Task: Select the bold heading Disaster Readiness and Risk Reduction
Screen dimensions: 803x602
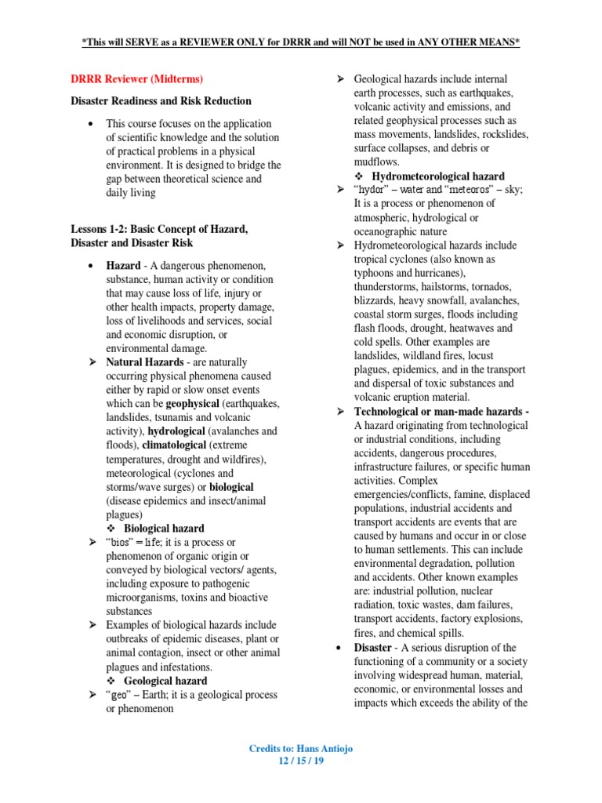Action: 161,101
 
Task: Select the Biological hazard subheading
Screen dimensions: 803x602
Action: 164,529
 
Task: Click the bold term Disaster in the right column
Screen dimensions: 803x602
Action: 373,648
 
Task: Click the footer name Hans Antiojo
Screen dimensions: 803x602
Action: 321,749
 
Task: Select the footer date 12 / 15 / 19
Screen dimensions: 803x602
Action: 301,761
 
